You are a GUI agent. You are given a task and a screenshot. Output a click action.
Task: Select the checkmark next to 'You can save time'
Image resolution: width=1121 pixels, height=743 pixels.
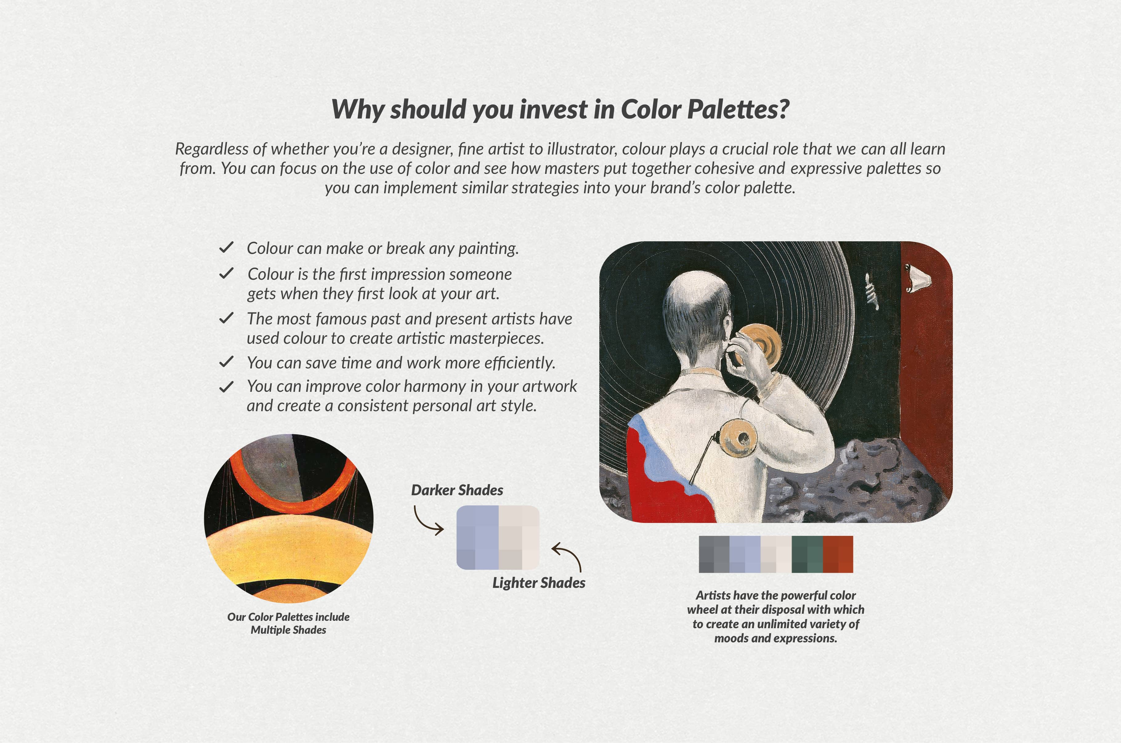click(226, 362)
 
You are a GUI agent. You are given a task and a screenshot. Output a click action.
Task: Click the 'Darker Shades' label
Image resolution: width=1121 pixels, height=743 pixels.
click(457, 490)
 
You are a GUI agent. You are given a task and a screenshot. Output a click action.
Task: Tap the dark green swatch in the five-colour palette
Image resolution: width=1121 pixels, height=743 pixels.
click(807, 554)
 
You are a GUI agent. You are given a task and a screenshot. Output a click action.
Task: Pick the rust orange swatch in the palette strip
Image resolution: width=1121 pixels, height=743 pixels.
click(838, 554)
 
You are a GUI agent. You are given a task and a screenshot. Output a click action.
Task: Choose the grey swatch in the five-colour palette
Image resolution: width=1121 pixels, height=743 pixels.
click(714, 554)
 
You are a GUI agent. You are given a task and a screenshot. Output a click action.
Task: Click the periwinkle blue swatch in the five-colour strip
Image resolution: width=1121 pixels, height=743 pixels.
click(745, 554)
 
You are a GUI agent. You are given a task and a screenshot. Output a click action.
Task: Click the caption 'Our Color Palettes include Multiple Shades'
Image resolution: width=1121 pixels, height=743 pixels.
click(288, 623)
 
